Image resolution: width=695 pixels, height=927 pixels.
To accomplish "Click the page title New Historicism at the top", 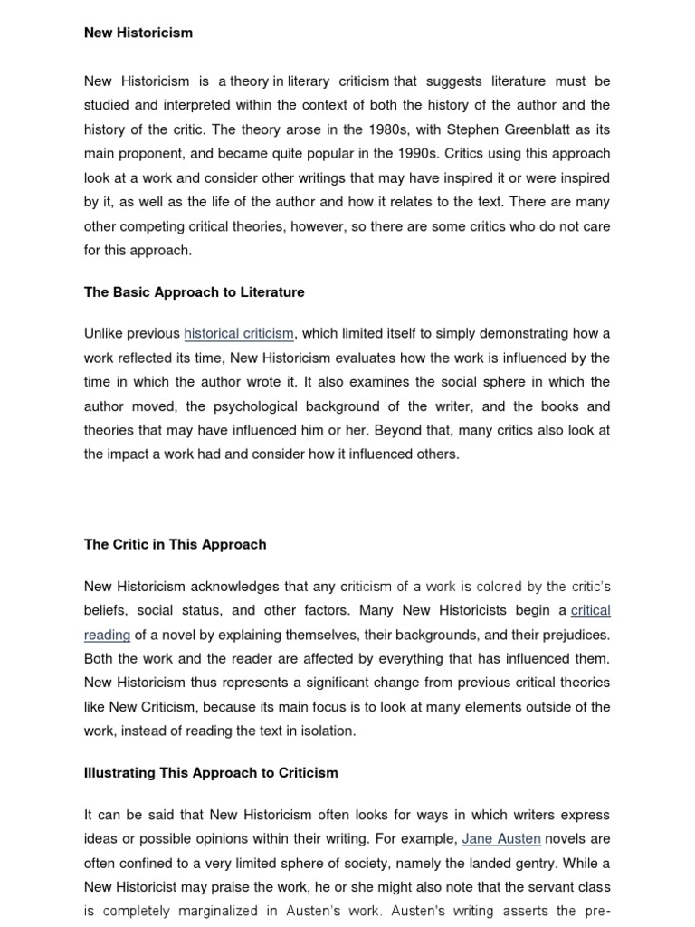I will coord(138,33).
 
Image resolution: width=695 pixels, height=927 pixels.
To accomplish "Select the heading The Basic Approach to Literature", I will coord(194,292).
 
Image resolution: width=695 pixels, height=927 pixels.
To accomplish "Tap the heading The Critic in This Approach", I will coord(175,544).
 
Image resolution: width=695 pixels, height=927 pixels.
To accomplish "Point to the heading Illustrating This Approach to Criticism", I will coord(211,772).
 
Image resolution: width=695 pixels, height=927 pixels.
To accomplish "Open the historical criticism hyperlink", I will coord(240,334).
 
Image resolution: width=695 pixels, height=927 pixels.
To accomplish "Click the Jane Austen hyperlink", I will coord(501,838).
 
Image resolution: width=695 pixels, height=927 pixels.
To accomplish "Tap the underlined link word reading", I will coord(107,635).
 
